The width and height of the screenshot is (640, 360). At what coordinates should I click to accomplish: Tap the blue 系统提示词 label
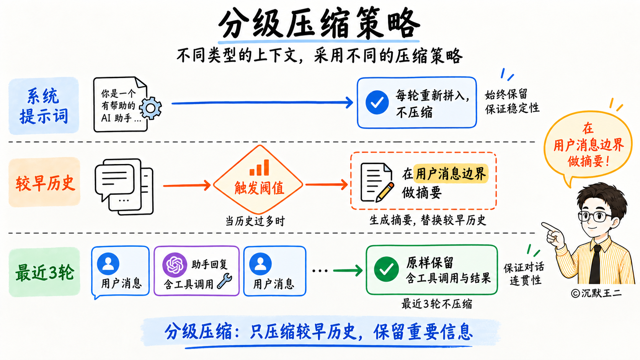[44, 106]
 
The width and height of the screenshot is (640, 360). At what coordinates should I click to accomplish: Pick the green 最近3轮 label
[44, 272]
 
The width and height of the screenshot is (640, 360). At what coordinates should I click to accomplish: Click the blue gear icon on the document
[150, 108]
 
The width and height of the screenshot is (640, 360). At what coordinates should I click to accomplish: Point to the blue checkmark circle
[377, 103]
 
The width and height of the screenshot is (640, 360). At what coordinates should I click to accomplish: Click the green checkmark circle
[386, 269]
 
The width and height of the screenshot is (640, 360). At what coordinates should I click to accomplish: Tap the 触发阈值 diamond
[258, 180]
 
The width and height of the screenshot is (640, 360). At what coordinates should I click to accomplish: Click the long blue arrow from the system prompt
[262, 103]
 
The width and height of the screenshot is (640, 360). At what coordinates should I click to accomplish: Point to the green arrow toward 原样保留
[348, 270]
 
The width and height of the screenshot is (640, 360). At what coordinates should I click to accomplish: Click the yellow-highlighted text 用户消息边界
[451, 174]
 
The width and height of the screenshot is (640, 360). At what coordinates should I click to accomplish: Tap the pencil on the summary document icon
[385, 192]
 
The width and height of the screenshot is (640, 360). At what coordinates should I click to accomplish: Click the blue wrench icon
[225, 281]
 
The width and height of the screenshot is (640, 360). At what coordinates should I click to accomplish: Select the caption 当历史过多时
[255, 221]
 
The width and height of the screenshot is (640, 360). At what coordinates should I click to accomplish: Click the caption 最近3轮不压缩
[437, 304]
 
